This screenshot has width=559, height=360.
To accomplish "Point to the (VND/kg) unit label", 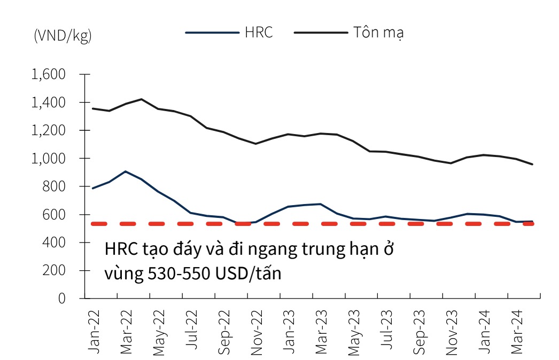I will click(63, 36).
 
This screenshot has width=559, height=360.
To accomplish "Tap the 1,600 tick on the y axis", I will click(49, 74).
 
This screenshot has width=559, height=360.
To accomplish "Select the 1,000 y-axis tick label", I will click(49, 159).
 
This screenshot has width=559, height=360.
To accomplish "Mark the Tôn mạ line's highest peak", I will click(141, 99).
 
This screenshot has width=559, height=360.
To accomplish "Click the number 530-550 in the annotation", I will click(172, 274).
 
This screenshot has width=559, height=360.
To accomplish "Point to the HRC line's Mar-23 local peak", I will click(320, 204).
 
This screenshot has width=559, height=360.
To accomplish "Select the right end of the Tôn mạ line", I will click(532, 164).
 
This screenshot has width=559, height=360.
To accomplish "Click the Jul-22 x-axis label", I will click(192, 332).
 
